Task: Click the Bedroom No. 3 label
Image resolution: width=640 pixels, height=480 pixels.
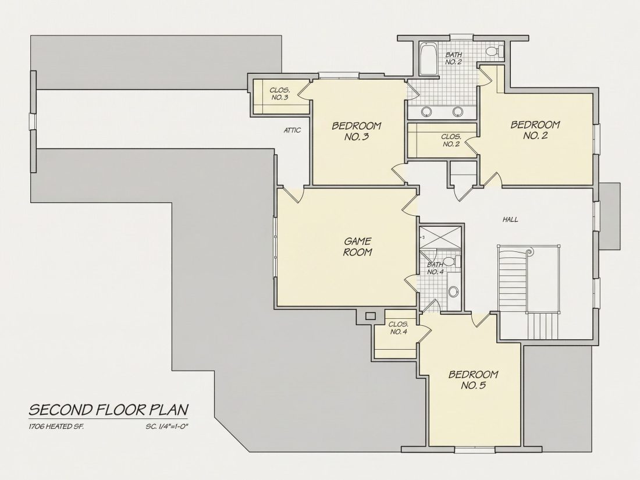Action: pos(356,131)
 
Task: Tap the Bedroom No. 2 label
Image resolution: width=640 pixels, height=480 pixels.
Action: pos(535,130)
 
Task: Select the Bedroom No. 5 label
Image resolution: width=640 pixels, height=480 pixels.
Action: pos(473,379)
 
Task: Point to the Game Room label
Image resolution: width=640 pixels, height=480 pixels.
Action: pos(358,247)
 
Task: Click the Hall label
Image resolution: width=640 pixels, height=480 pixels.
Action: pos(510,219)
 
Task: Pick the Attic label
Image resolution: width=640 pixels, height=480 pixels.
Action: pos(292,130)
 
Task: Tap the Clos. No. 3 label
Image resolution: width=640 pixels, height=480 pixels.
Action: pos(280,94)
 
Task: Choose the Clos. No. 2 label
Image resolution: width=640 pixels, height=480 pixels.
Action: pos(451,140)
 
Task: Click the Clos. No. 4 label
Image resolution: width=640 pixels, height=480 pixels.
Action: pos(399,328)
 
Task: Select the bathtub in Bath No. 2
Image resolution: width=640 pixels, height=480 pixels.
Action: pos(428,59)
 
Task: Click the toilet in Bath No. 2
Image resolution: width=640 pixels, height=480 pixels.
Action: pos(495,51)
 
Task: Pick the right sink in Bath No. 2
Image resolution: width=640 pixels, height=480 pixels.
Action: pos(457,111)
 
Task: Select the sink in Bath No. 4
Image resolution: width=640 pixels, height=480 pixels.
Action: pos(453,291)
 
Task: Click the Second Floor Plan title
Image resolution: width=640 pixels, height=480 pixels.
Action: pos(109,410)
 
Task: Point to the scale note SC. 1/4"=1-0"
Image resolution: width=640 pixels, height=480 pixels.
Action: pos(169,427)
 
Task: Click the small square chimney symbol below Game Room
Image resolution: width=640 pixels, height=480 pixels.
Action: pos(370,316)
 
